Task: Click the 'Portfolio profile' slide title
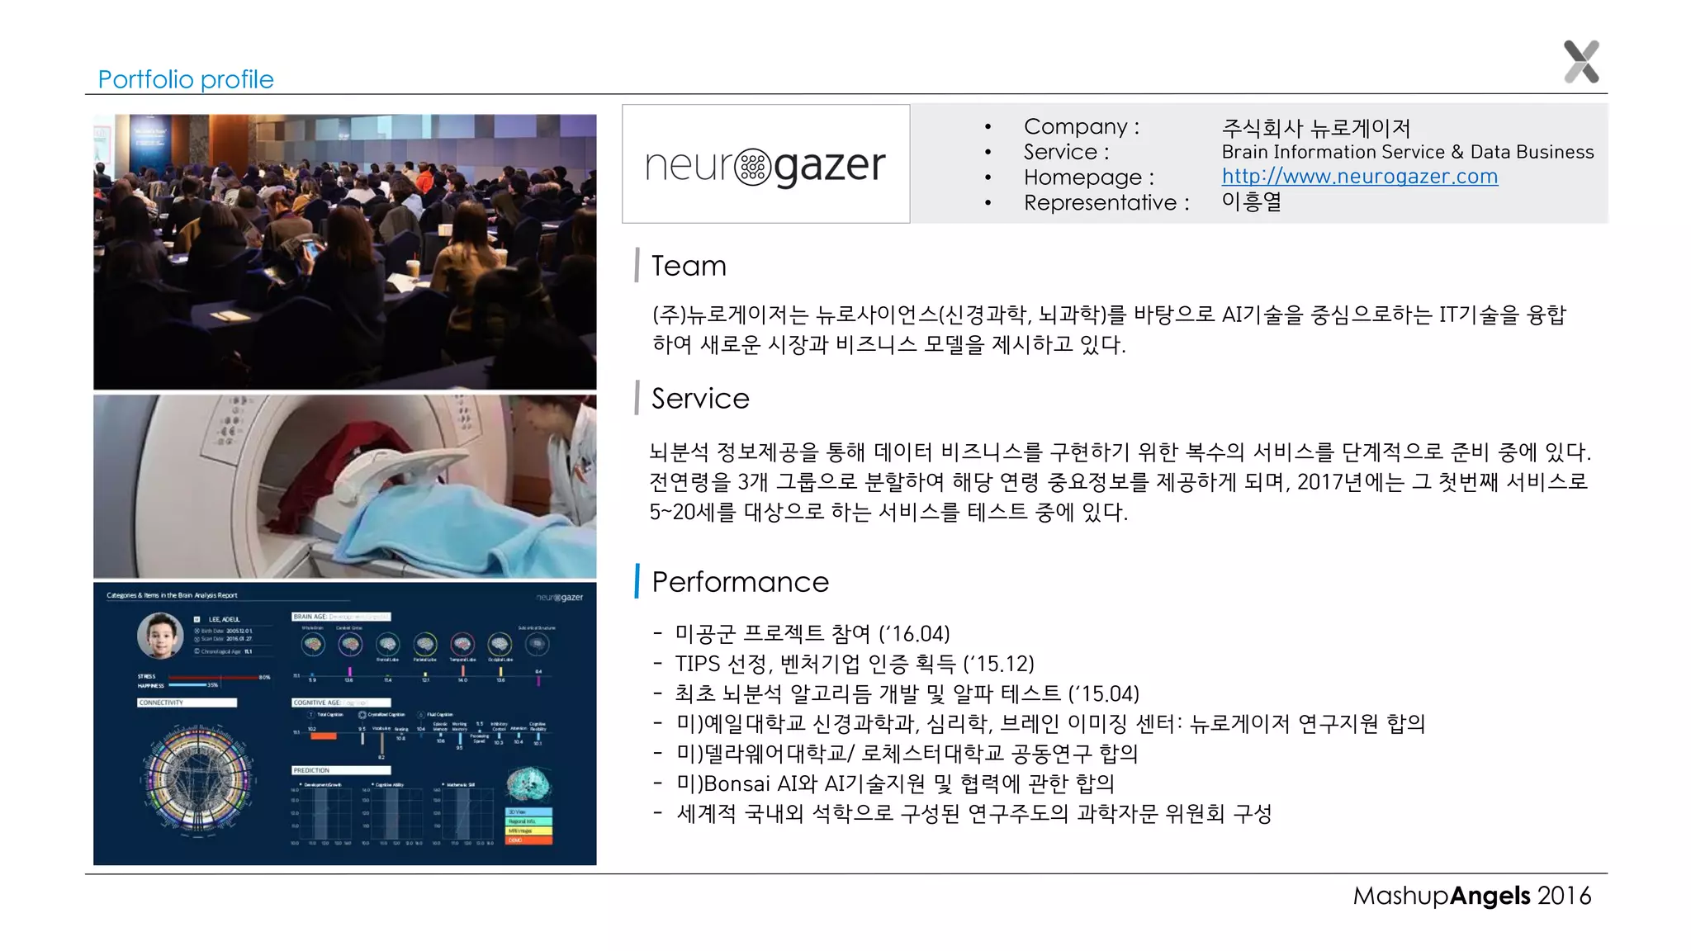click(185, 79)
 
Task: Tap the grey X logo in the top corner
click(1581, 62)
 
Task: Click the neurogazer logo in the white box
click(765, 165)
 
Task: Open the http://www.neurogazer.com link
click(1359, 177)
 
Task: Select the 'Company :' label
click(1081, 126)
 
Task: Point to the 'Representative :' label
click(1106, 202)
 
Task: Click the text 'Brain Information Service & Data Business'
click(1407, 152)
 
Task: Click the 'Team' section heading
click(689, 266)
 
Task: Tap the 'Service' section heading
click(700, 399)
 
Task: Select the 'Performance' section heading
click(740, 582)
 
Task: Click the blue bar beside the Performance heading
click(637, 581)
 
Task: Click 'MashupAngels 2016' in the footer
click(1471, 896)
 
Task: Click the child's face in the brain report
click(160, 635)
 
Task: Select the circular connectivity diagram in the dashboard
click(198, 779)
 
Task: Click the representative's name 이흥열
click(1251, 201)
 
